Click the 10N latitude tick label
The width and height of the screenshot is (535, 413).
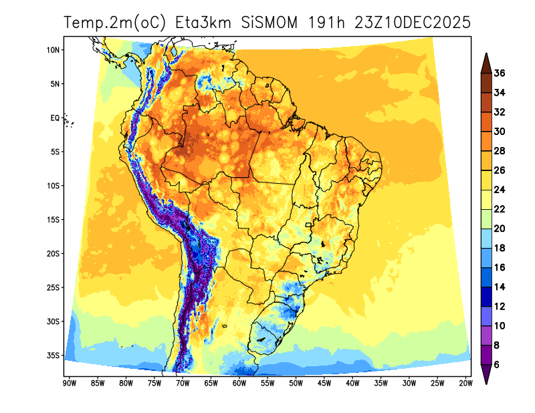[54, 50]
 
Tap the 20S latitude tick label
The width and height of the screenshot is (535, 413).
[54, 253]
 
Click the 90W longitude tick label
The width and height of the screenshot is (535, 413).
[68, 383]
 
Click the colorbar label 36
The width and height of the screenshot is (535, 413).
[500, 74]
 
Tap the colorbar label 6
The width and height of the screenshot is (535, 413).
[497, 365]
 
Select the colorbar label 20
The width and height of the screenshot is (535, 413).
[500, 229]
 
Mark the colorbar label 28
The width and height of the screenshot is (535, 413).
[500, 151]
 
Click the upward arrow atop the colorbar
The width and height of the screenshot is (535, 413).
[486, 62]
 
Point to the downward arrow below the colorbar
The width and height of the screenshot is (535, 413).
[486, 376]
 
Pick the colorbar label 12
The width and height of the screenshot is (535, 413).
[500, 306]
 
